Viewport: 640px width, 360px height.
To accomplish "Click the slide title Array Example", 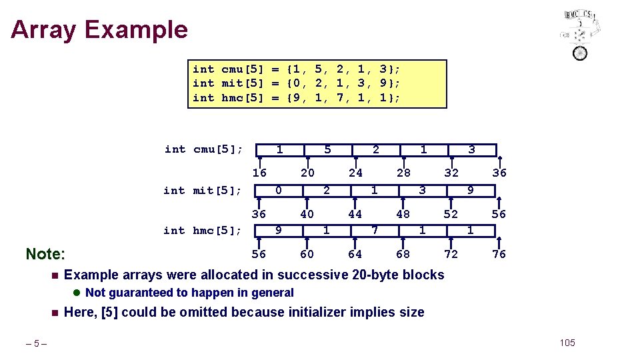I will pos(99,30).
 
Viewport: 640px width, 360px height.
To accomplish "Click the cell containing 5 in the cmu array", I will pos(327,150).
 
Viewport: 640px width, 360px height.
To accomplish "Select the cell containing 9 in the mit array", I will pos(471,191).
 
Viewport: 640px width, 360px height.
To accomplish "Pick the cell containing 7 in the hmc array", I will pos(375,231).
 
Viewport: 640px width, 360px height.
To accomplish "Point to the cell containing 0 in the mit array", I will pos(279,191).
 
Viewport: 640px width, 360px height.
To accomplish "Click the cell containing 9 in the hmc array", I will pos(279,231).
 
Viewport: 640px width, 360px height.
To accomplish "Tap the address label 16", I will pos(259,173).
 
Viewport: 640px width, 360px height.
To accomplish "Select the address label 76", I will pos(499,254).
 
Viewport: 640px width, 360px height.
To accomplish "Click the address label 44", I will pos(355,214).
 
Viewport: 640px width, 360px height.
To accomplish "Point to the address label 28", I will pos(403,173).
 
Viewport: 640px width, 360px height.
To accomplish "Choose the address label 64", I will pos(355,254).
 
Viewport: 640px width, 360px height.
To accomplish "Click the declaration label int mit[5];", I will pos(203,191).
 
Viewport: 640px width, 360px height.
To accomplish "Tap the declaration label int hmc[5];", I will pos(203,231).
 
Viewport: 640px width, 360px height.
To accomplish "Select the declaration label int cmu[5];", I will pos(203,149).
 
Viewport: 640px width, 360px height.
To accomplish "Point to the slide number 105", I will pos(567,343).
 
